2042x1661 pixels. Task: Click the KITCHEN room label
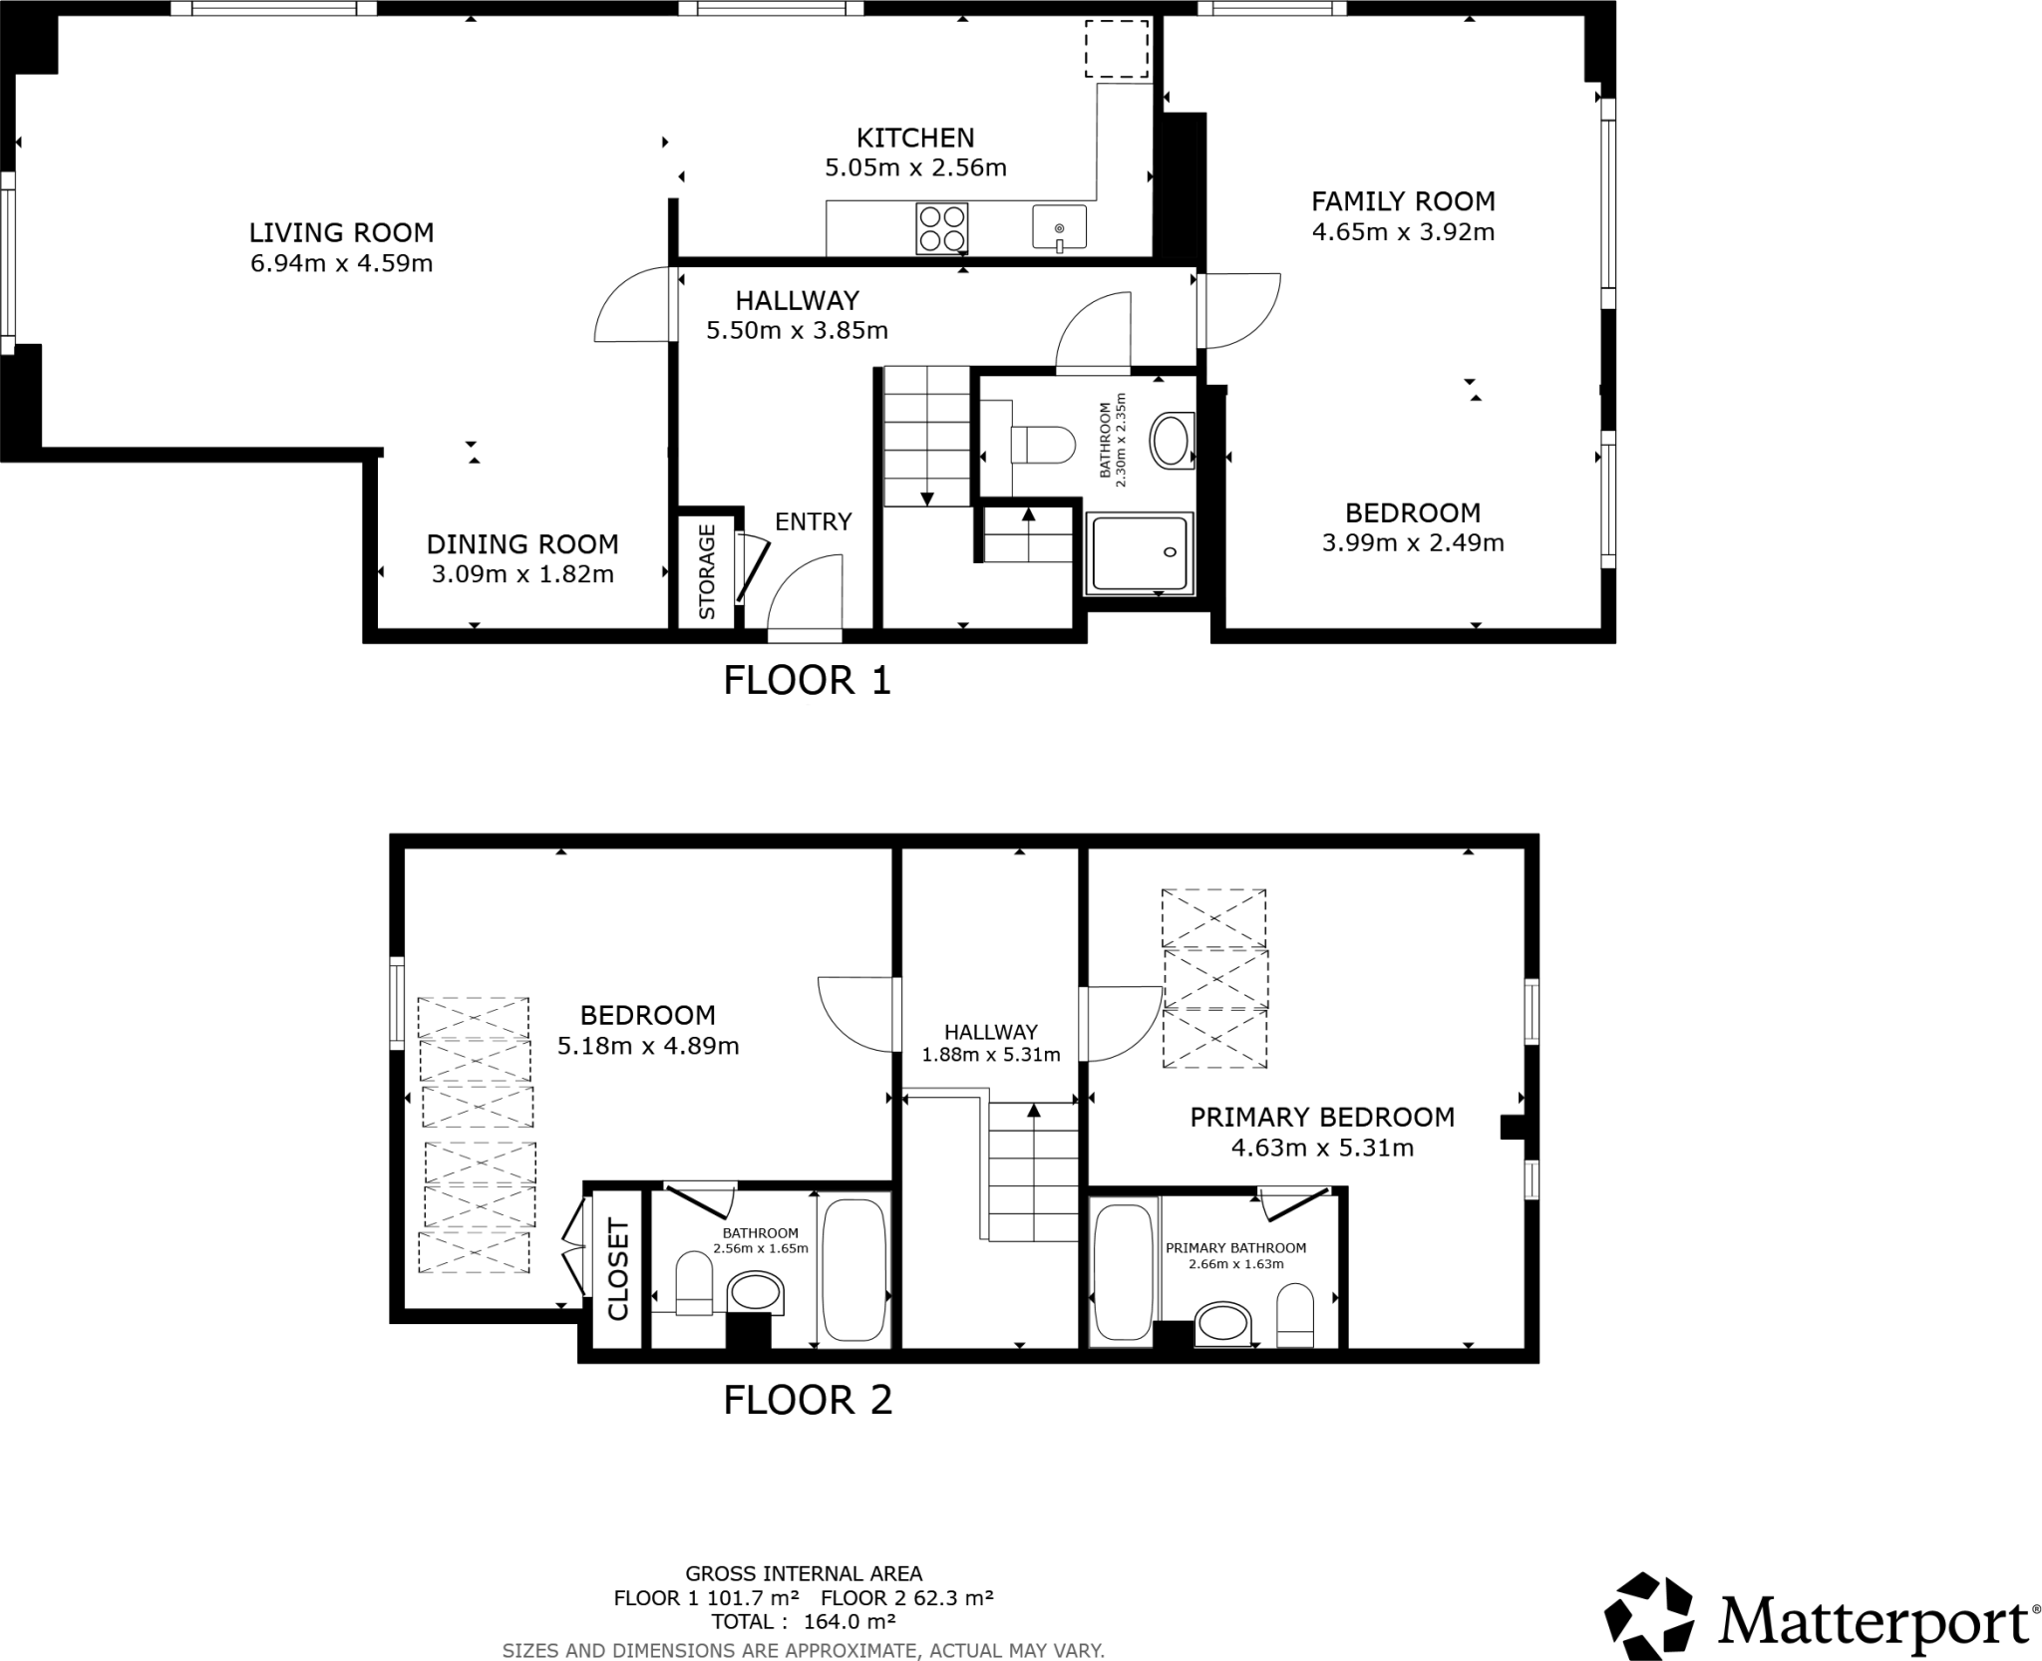point(915,138)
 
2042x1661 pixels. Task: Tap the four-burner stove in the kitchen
point(941,228)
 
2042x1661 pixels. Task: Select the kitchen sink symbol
point(1059,228)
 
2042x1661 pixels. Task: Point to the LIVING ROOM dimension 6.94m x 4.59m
point(341,264)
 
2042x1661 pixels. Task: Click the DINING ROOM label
point(522,544)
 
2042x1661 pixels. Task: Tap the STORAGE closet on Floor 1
point(707,572)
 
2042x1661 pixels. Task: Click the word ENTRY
point(813,521)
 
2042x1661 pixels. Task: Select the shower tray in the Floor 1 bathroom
point(1140,552)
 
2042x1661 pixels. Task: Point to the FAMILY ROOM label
point(1403,201)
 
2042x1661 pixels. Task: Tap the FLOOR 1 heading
point(807,681)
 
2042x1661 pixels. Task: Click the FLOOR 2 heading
point(807,1400)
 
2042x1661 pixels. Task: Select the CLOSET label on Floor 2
point(618,1269)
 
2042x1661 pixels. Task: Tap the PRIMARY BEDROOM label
point(1322,1117)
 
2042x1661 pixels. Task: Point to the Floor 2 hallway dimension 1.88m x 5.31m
point(990,1055)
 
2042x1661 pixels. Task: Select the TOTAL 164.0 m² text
point(803,1621)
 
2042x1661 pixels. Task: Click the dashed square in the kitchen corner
point(1117,49)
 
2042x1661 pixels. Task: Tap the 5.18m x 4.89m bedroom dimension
point(648,1047)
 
